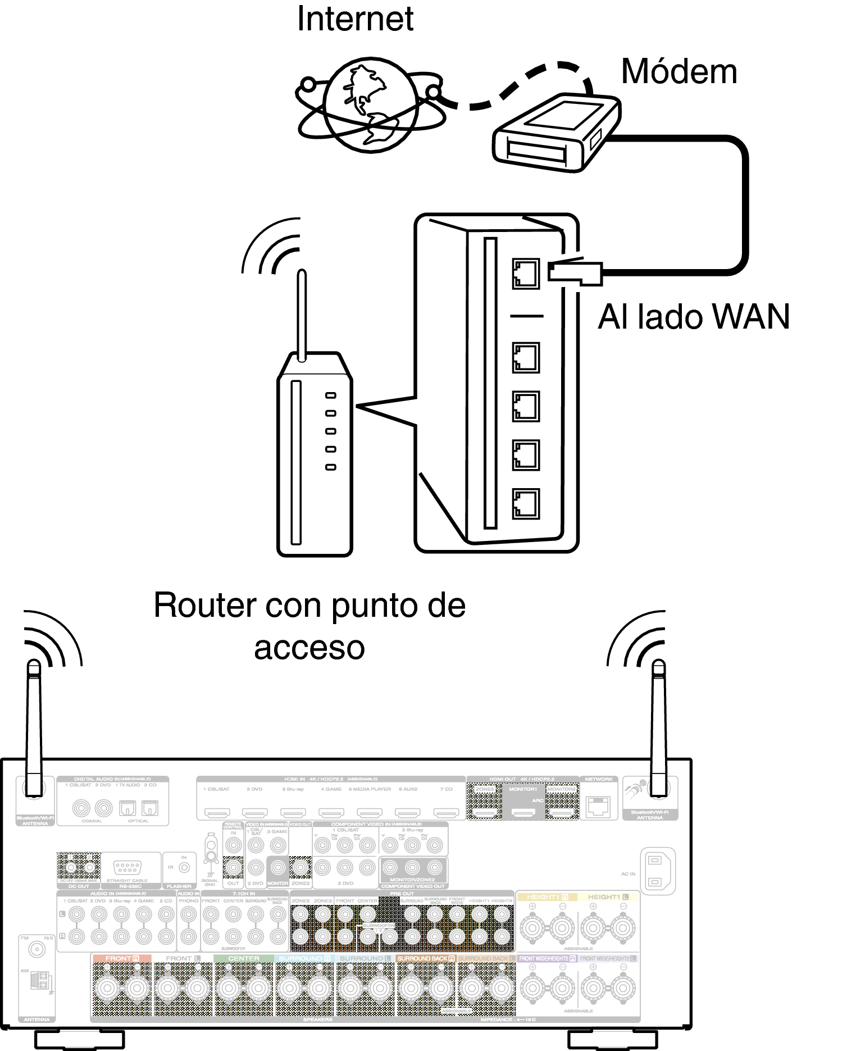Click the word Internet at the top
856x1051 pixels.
coord(355,19)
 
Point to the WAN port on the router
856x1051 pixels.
coord(525,274)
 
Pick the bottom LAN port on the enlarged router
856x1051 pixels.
coord(525,504)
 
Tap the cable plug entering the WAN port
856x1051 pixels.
coord(576,272)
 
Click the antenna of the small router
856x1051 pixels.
coord(302,315)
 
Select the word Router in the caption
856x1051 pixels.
coord(205,606)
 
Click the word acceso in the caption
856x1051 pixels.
coord(309,648)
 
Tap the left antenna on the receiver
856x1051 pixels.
coord(34,725)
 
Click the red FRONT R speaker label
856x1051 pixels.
coord(121,958)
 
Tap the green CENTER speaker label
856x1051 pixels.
coord(244,958)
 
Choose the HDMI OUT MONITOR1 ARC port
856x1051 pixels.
coord(523,812)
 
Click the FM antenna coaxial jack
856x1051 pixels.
coord(37,949)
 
